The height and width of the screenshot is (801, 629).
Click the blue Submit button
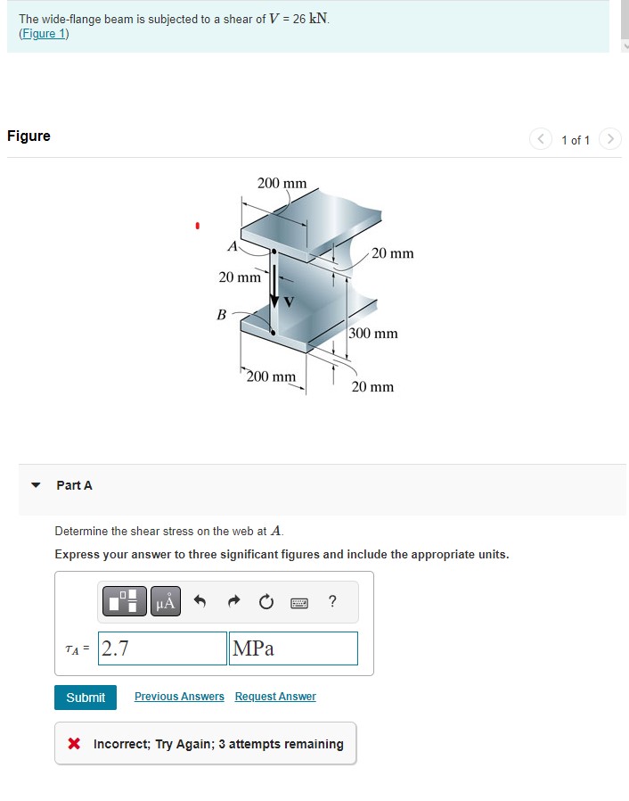86,698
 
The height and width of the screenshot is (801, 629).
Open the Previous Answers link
179,697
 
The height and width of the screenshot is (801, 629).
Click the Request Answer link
275,697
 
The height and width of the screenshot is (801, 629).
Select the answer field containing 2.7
163,648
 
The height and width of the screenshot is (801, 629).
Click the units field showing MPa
293,648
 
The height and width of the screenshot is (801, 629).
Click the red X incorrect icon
75,744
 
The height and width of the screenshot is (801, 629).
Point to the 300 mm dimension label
373,334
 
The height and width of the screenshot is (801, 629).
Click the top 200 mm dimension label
282,183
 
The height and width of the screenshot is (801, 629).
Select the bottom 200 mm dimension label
271,376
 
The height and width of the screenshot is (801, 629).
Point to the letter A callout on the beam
232,245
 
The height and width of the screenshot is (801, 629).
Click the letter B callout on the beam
222,314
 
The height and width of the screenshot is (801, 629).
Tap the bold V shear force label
288,301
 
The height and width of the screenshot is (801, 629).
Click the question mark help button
332,602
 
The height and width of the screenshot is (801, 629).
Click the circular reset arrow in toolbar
265,603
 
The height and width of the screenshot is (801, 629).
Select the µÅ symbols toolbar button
166,603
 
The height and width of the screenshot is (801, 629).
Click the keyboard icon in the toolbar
298,603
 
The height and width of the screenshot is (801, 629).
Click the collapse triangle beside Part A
36,486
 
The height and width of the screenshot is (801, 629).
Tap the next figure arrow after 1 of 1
609,139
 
